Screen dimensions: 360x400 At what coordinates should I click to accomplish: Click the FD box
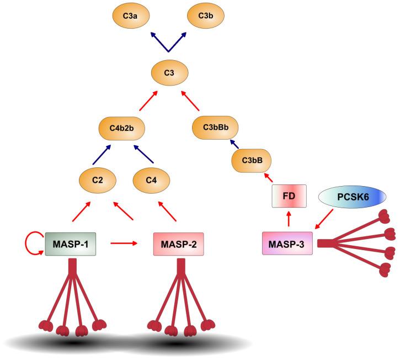click(288, 195)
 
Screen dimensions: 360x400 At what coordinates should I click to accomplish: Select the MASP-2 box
click(177, 243)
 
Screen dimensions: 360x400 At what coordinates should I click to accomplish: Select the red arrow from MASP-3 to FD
click(288, 220)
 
